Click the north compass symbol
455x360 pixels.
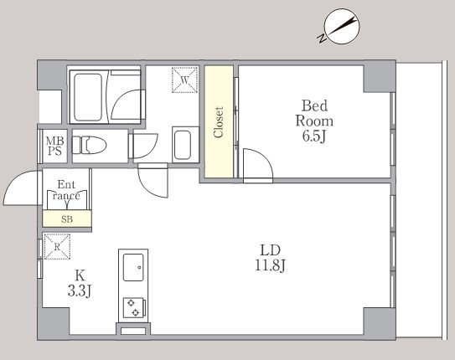[x=340, y=27]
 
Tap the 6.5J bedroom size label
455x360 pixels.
[x=314, y=136]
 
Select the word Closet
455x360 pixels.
[x=219, y=122]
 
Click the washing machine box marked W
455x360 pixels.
[x=185, y=80]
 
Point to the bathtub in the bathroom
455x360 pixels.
[x=88, y=97]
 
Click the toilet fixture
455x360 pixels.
[x=90, y=145]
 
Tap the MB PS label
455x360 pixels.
[x=54, y=146]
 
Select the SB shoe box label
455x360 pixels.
[x=67, y=219]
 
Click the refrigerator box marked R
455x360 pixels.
[x=57, y=247]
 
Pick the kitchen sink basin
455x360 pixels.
[x=133, y=267]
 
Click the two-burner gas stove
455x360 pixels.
[x=134, y=308]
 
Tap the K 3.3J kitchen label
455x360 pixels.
[x=80, y=283]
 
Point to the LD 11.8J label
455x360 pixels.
[x=270, y=258]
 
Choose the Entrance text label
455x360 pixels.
[x=66, y=190]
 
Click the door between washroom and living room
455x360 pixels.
[x=153, y=181]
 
